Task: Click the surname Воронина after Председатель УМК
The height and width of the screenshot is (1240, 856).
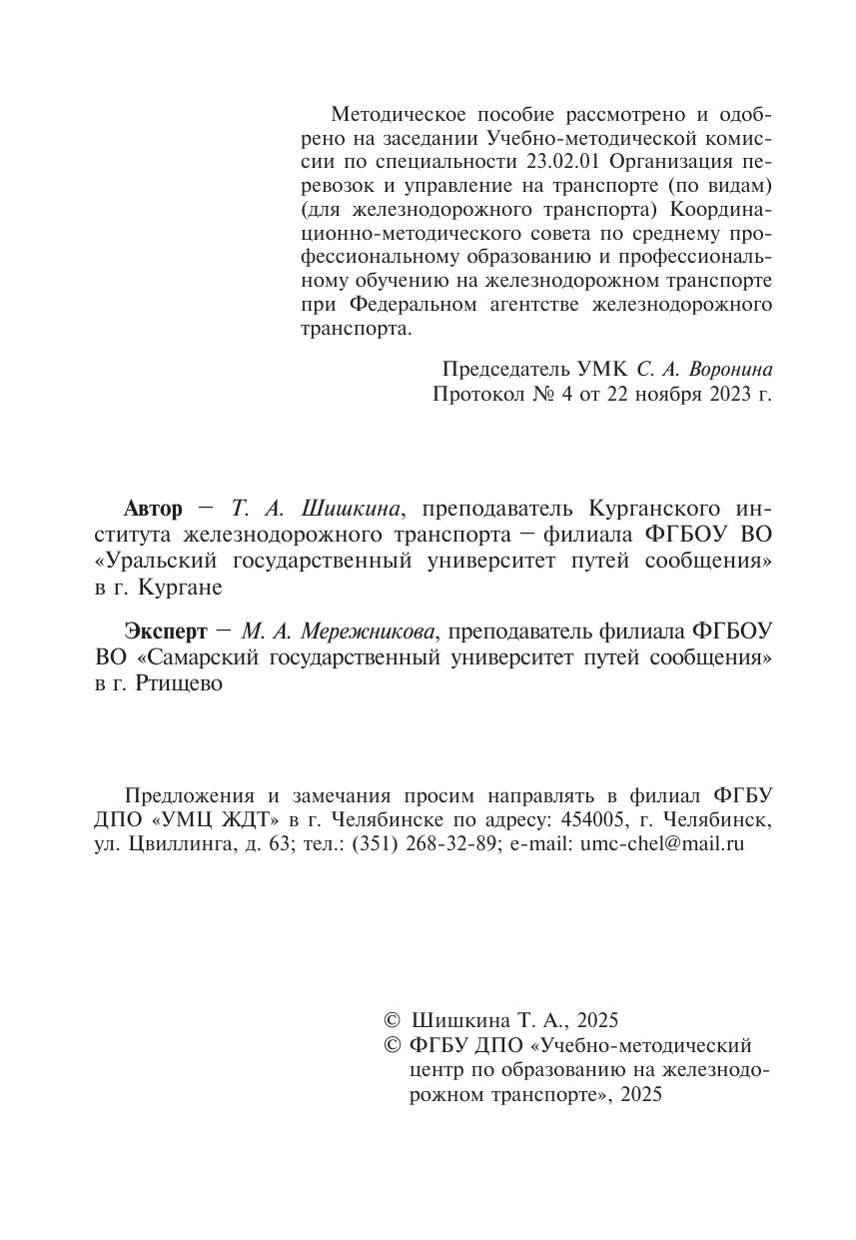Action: [x=730, y=369]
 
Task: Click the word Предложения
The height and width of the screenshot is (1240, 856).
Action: [x=190, y=796]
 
